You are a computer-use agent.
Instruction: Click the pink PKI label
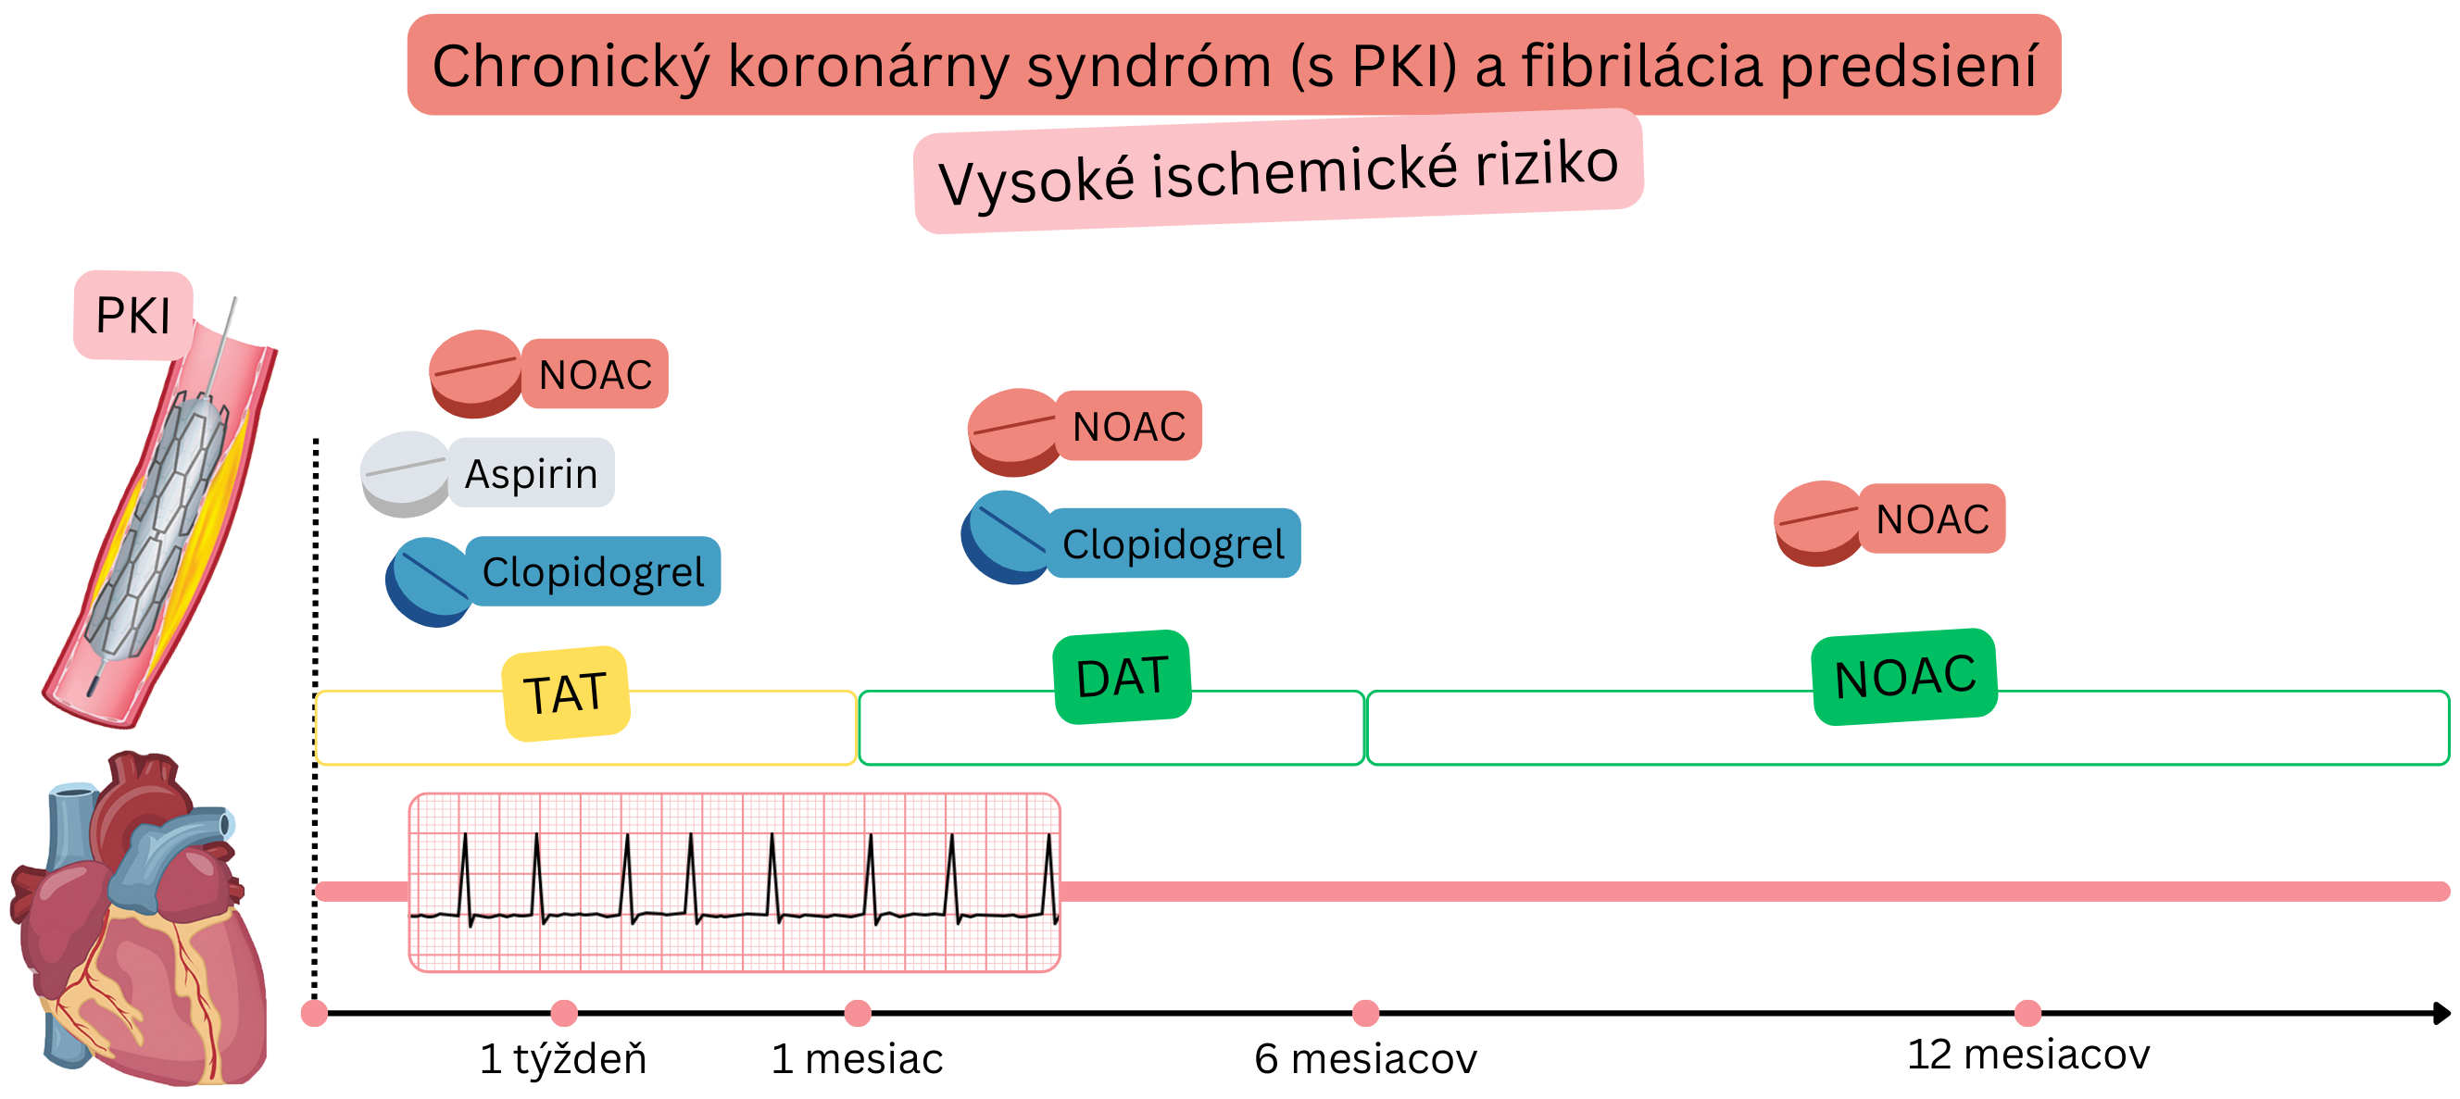[x=133, y=315]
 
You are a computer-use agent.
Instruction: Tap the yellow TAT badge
[x=565, y=693]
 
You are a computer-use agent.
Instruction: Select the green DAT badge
[x=1122, y=677]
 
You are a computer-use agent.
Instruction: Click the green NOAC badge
[x=1904, y=677]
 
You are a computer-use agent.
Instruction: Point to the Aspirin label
[x=531, y=474]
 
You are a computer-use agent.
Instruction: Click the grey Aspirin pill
[x=405, y=474]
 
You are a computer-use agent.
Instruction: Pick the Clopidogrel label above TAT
[x=593, y=572]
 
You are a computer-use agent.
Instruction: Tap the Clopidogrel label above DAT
[x=1174, y=544]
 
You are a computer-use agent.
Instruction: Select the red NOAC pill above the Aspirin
[x=474, y=373]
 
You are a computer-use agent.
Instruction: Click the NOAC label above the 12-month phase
[x=1932, y=519]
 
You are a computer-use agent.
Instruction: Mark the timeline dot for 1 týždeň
[x=564, y=1012]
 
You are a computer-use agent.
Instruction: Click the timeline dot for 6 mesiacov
[x=1365, y=1012]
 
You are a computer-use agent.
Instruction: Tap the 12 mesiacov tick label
[x=2027, y=1055]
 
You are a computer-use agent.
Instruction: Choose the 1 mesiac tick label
[x=857, y=1059]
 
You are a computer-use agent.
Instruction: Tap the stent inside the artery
[x=157, y=535]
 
